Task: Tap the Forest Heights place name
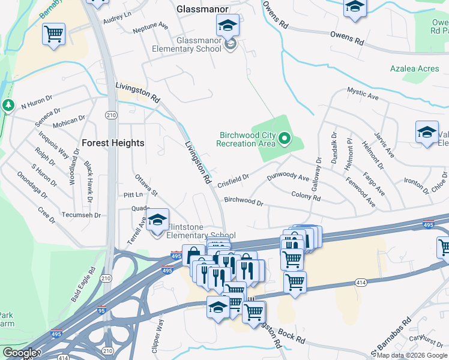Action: point(113,143)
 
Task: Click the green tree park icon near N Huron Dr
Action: point(8,106)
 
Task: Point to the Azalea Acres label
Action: point(414,69)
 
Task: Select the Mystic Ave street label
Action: point(363,94)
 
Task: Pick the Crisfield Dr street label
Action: point(233,179)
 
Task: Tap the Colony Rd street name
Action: point(306,196)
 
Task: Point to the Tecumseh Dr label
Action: point(80,215)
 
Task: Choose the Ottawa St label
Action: point(145,185)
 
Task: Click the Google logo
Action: point(19,353)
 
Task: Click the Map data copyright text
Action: point(412,355)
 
